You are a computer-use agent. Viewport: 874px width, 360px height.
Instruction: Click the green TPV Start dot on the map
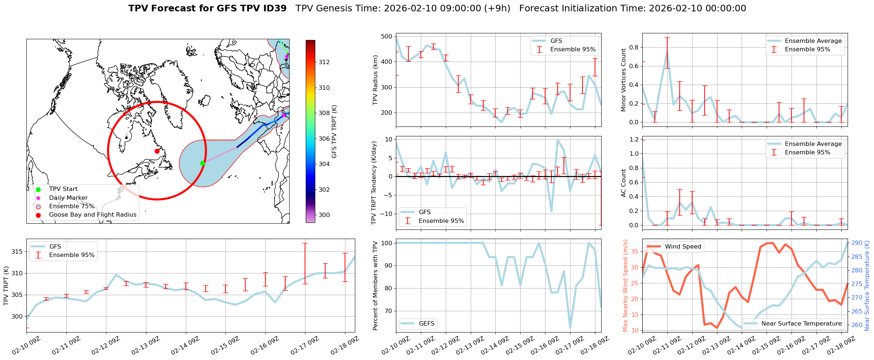202,163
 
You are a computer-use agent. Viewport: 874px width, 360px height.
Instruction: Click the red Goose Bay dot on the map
157,151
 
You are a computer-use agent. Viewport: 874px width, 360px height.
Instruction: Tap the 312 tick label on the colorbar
324,62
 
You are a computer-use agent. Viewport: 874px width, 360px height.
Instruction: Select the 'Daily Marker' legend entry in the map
68,198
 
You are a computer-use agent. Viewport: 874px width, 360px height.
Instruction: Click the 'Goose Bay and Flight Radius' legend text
92,215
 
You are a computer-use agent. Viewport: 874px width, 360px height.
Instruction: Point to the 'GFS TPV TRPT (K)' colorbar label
334,132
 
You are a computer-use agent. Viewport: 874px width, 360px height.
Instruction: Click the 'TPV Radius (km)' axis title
375,80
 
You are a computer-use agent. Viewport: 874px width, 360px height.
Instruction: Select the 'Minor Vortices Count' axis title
623,80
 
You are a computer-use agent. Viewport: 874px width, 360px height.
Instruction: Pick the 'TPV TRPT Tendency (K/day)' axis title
374,183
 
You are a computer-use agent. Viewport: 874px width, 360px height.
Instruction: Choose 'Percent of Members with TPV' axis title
375,286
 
